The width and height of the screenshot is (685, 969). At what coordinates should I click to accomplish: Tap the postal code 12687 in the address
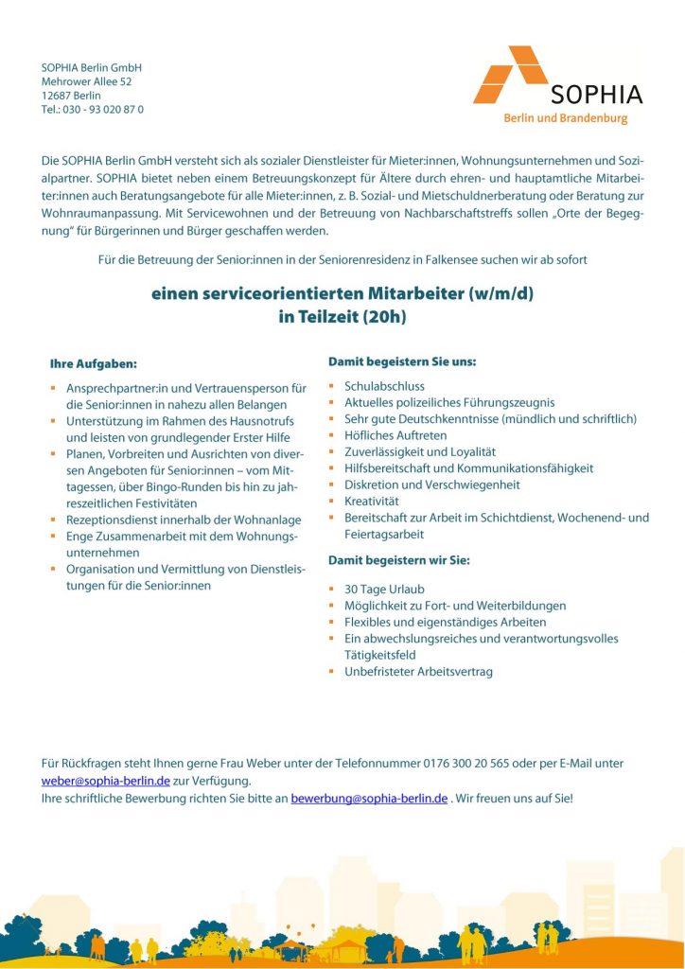(x=57, y=96)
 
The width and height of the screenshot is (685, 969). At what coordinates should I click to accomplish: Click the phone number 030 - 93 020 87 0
(x=103, y=110)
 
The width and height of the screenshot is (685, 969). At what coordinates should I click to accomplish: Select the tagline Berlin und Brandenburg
(x=565, y=118)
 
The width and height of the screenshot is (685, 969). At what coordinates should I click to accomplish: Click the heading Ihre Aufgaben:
(x=94, y=363)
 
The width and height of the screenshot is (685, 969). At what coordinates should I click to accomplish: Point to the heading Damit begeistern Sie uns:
(x=402, y=362)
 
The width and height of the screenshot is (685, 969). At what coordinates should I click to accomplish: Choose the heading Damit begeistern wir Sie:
(x=398, y=560)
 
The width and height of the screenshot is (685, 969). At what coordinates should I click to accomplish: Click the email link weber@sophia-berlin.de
(x=106, y=781)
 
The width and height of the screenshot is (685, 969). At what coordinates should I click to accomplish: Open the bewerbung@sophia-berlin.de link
(x=369, y=799)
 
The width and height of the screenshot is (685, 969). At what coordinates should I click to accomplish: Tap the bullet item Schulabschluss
(x=384, y=386)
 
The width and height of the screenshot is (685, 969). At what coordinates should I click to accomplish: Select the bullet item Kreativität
(x=371, y=500)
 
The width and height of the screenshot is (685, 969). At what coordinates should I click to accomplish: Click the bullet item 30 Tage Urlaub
(x=384, y=590)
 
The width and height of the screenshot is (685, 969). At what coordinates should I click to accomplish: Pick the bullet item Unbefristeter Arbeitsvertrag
(x=418, y=672)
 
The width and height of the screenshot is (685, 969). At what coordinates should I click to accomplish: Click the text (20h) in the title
(x=384, y=318)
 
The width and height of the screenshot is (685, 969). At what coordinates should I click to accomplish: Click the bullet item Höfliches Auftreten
(x=395, y=435)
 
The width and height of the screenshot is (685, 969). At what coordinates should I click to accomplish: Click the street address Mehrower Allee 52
(x=86, y=82)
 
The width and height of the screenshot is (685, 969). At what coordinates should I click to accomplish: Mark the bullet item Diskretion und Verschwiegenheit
(x=432, y=484)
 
